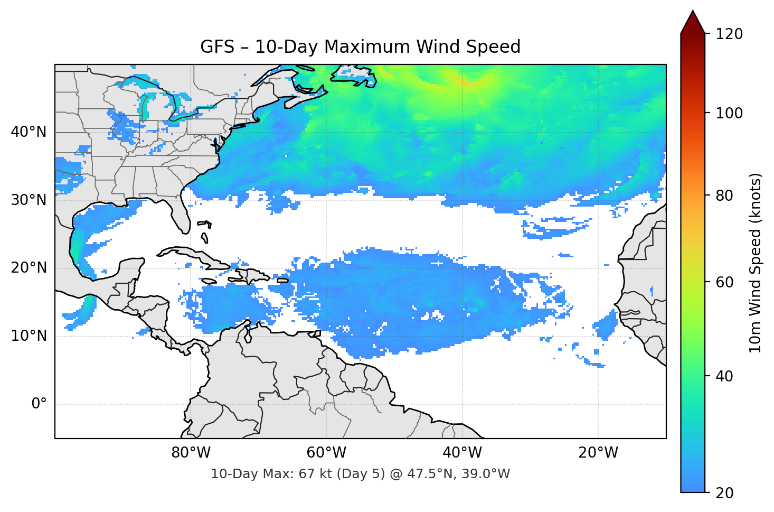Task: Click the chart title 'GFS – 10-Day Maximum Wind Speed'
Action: [x=360, y=47]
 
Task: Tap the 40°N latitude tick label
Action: [x=29, y=132]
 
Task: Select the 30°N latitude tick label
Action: [x=29, y=200]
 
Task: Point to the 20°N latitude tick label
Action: [x=29, y=268]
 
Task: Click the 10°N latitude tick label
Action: [x=29, y=336]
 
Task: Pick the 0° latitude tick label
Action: [x=39, y=404]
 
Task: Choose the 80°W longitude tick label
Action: [x=191, y=453]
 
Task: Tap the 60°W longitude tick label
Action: [x=326, y=453]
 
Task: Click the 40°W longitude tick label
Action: [x=462, y=453]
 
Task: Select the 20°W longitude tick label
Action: [x=598, y=453]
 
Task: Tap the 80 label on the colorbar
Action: [x=725, y=196]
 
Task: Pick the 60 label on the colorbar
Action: [x=725, y=282]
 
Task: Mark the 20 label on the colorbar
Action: [x=725, y=493]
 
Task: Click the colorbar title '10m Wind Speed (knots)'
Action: [x=756, y=263]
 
